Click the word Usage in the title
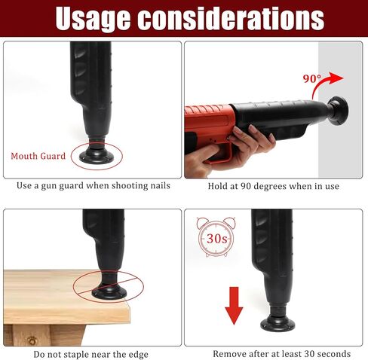pyautogui.click(x=93, y=18)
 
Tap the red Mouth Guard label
pyautogui.click(x=38, y=156)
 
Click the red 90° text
pyautogui.click(x=312, y=79)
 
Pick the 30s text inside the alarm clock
pyautogui.click(x=216, y=238)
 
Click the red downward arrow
pyautogui.click(x=234, y=306)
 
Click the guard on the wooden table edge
pyautogui.click(x=109, y=288)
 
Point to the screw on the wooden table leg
pyautogui.click(x=32, y=341)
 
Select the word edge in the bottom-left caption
pyautogui.click(x=138, y=355)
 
